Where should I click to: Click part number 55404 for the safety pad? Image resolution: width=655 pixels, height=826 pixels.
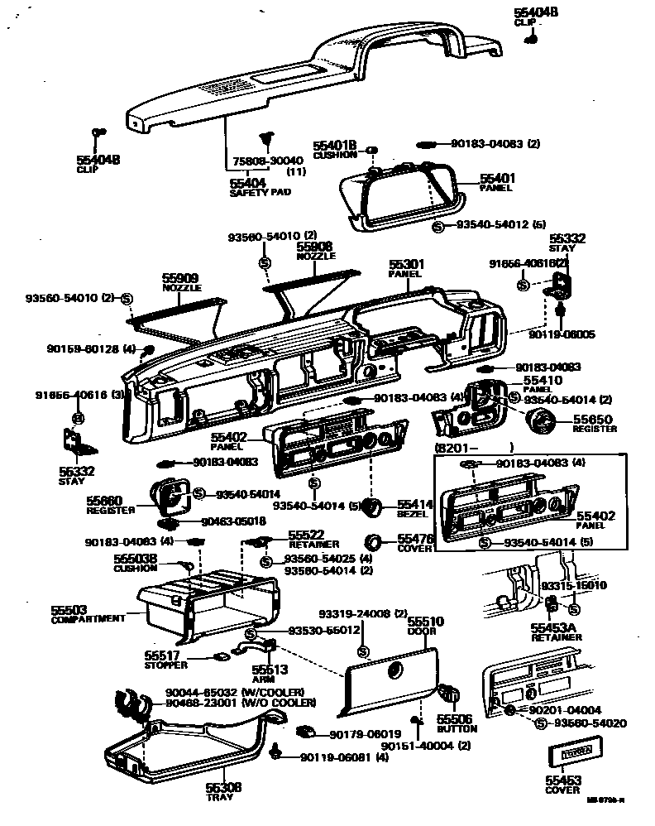247,182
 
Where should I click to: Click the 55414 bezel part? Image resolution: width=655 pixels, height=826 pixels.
373,507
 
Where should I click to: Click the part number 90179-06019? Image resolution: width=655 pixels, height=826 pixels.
365,734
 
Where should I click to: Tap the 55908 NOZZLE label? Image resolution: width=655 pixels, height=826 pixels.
316,251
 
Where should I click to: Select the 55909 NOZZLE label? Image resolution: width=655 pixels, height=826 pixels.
180,282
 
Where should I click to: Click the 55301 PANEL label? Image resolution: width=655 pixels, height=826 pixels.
405,269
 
